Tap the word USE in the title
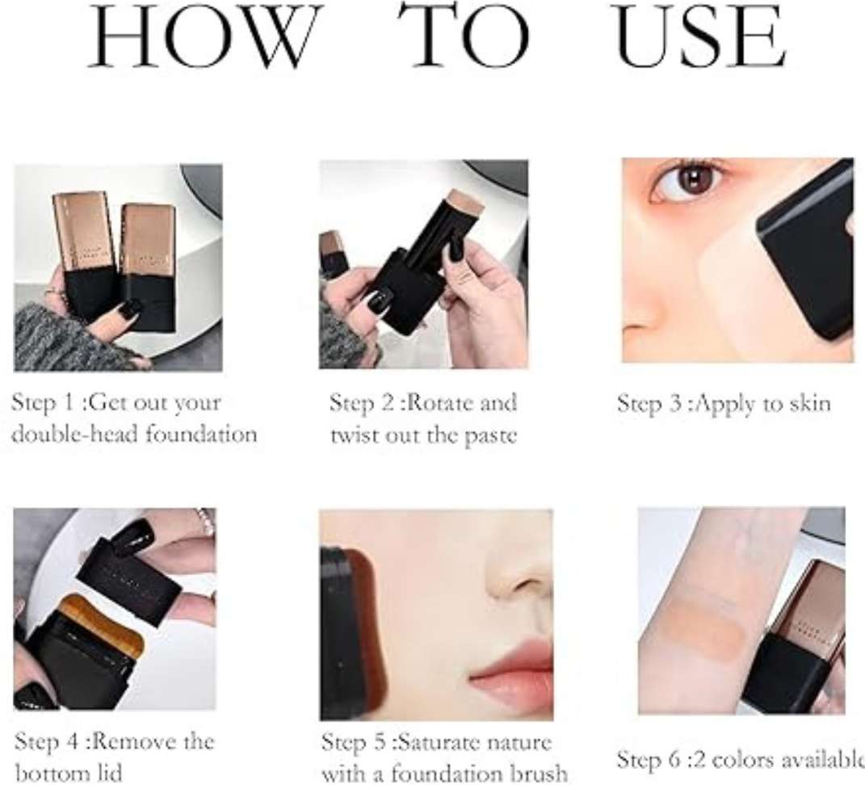[699, 36]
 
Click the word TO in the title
[464, 36]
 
